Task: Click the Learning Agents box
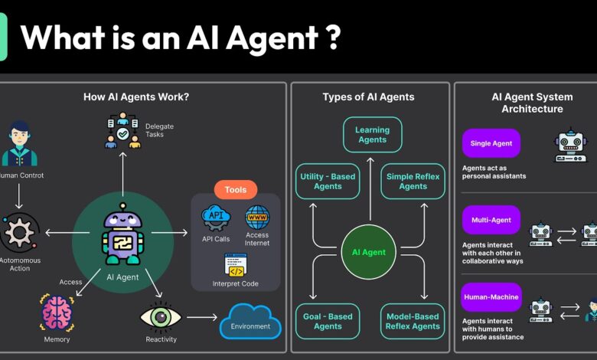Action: coord(372,135)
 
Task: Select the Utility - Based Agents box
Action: coord(327,181)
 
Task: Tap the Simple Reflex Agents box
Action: coord(413,181)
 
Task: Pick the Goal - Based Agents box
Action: coord(327,322)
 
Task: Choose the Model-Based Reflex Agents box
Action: coord(413,322)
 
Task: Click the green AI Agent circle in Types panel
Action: coord(369,251)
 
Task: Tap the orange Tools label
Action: coord(236,189)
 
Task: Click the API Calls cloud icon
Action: coord(216,218)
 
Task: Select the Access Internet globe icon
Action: coord(257,217)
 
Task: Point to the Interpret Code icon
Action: coord(236,265)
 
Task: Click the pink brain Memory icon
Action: coord(57,314)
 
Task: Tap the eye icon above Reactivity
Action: coord(161,316)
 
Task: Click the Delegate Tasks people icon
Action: coord(123,130)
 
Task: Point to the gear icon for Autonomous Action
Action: coord(20,232)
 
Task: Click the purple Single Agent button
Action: coord(491,143)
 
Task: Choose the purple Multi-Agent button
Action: coord(491,220)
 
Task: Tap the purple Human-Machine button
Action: coord(491,297)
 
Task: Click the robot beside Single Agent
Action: coord(569,145)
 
